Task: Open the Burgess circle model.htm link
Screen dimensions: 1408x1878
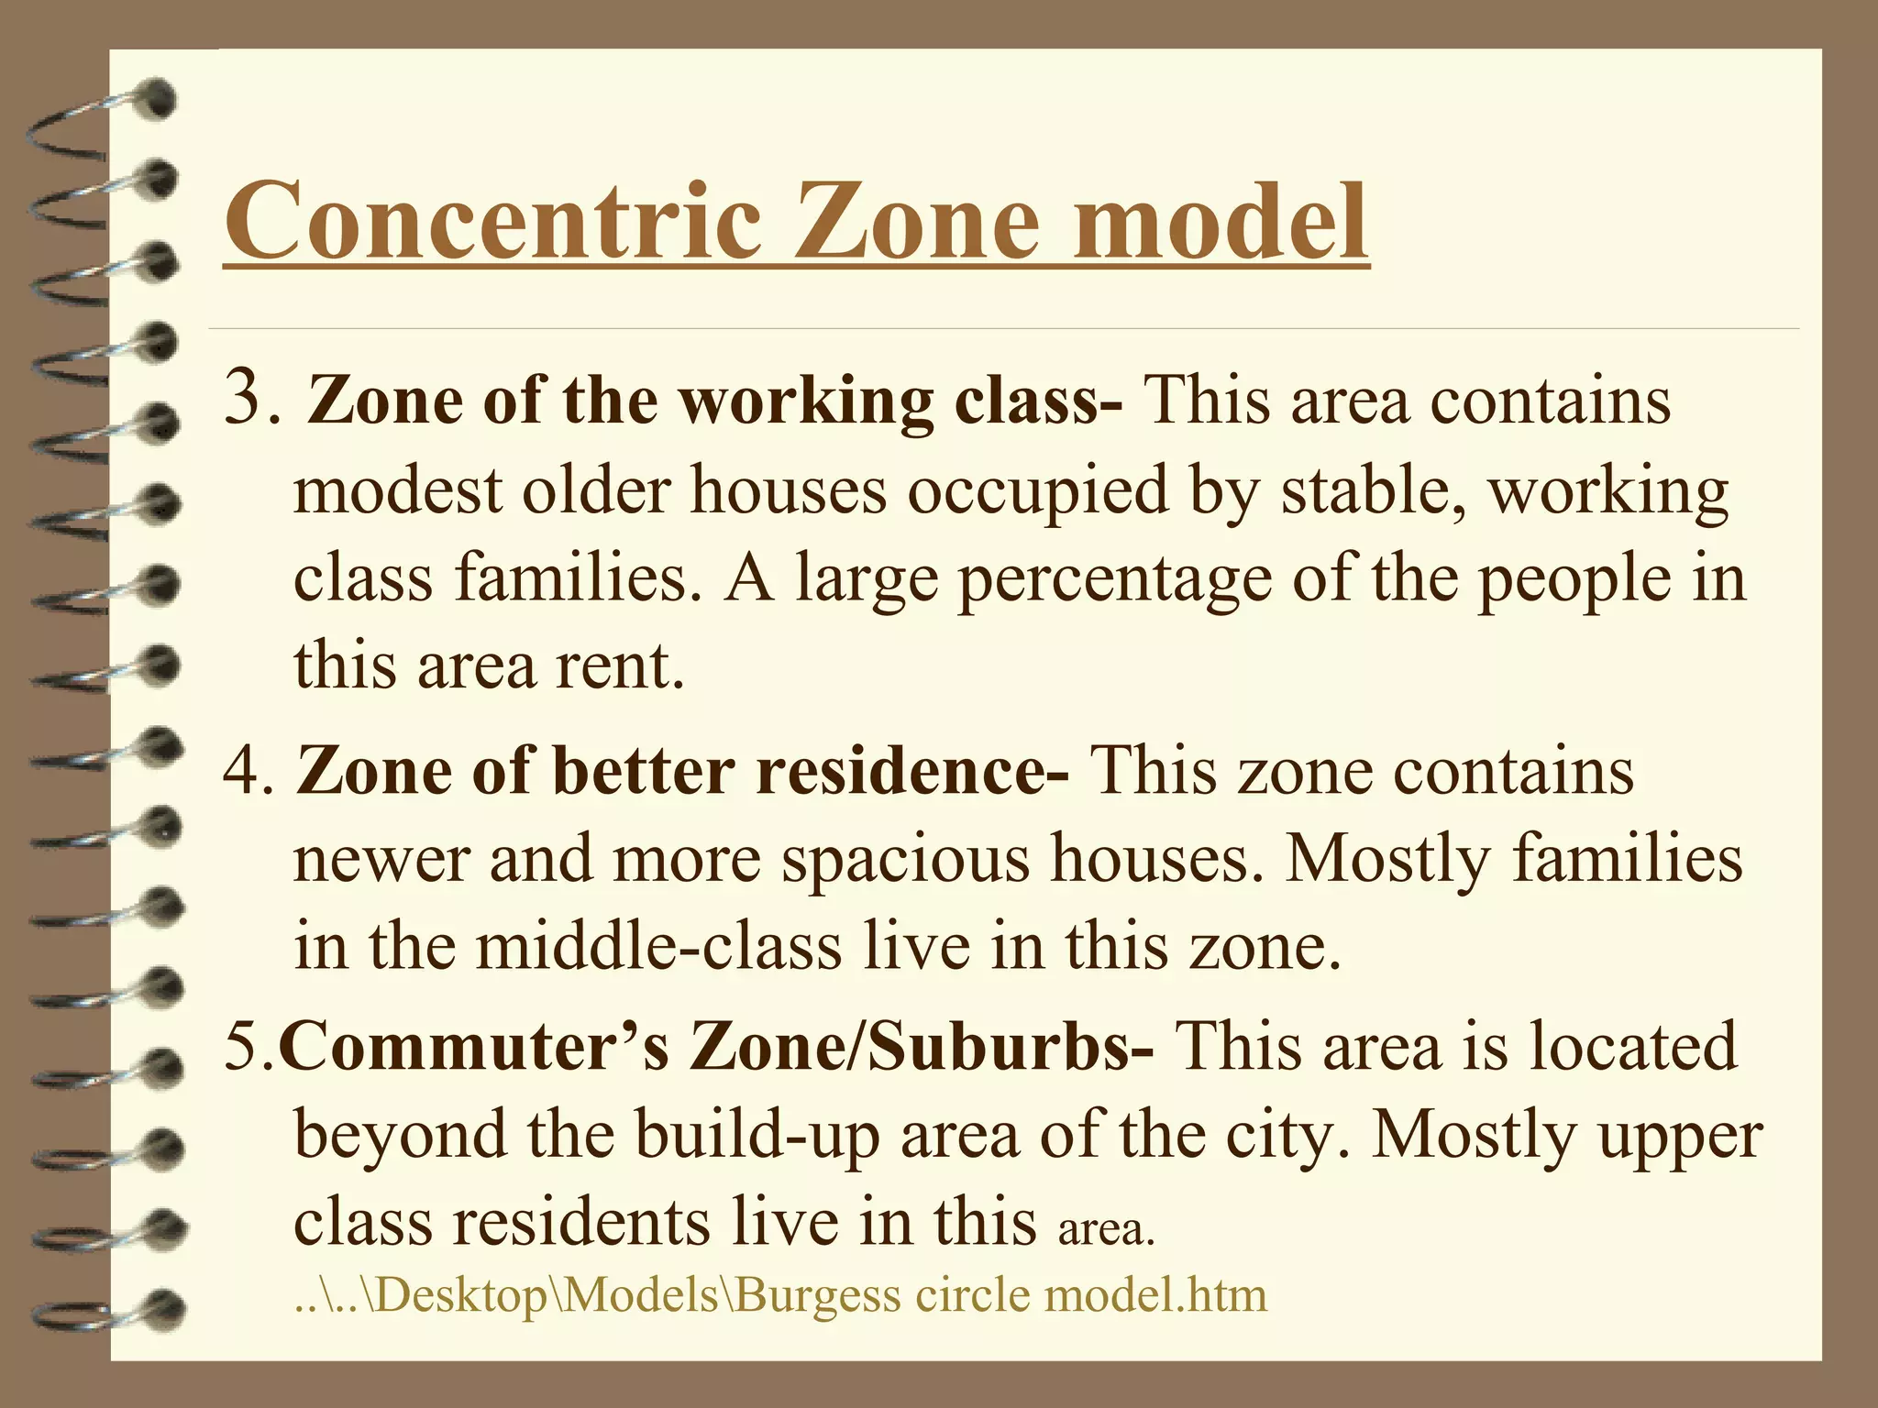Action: [x=780, y=1295]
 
